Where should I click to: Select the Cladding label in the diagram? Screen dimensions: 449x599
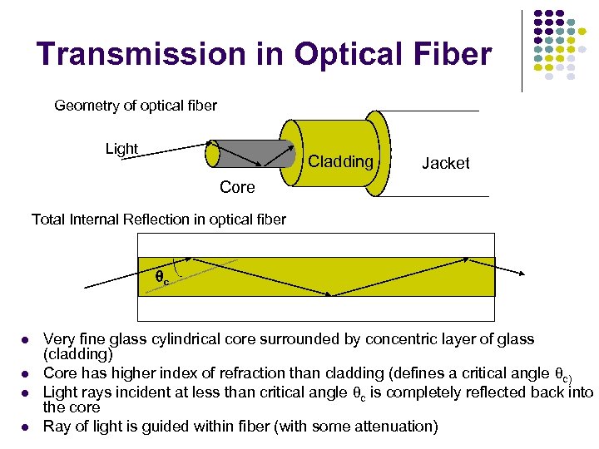click(x=340, y=161)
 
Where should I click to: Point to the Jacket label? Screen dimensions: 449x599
click(x=445, y=164)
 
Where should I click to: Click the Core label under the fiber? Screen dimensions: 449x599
click(x=237, y=188)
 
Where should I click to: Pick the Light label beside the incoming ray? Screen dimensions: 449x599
click(x=121, y=149)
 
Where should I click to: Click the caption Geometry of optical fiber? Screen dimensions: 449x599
click(x=135, y=106)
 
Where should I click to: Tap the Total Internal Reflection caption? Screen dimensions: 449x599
click(x=158, y=220)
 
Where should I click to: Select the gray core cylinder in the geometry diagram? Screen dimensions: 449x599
click(x=250, y=153)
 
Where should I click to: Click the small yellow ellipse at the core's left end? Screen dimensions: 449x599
click(x=213, y=154)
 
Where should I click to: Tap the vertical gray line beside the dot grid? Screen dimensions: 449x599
click(x=522, y=50)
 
